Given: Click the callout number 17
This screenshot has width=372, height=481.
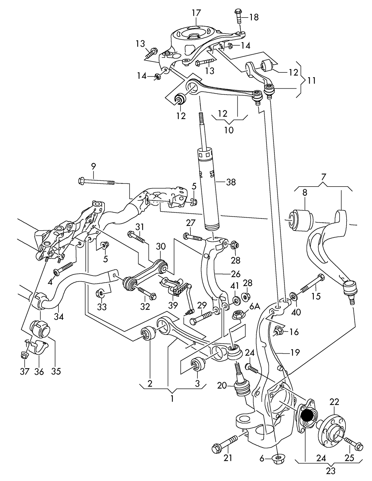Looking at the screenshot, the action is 196,13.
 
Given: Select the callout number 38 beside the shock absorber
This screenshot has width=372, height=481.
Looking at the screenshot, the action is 231,182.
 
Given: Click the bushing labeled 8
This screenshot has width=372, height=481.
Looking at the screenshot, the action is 300,221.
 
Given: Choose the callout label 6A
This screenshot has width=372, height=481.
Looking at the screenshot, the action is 255,307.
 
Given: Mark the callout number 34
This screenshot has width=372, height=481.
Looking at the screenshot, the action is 59,316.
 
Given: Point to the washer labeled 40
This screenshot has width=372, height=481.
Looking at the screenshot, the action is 293,297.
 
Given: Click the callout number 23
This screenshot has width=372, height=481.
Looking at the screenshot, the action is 331,471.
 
